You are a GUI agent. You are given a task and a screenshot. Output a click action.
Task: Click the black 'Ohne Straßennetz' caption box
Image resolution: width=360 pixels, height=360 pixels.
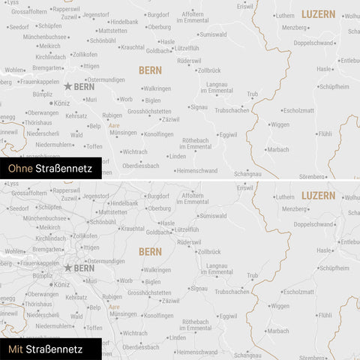(x=50, y=169)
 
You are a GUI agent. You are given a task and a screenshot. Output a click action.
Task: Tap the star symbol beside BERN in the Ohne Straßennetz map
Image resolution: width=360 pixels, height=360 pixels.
(x=68, y=87)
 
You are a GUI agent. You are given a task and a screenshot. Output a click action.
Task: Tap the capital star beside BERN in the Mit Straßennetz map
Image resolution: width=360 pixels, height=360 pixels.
(x=68, y=268)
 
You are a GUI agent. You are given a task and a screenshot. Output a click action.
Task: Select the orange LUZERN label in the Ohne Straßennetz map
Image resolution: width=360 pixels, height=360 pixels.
(x=318, y=14)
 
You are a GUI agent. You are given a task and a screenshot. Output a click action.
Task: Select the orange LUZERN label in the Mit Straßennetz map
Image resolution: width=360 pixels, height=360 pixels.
(x=318, y=195)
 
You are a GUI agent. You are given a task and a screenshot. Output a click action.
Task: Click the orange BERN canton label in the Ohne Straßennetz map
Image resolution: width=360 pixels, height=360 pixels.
(x=150, y=70)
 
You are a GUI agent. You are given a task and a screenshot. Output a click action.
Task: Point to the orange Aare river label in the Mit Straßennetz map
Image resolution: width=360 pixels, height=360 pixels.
(x=114, y=307)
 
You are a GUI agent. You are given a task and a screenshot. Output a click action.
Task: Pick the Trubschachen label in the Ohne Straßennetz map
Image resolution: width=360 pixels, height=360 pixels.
(x=232, y=110)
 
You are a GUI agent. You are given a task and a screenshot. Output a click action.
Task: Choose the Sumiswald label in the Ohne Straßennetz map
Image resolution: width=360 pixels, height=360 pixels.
(x=213, y=34)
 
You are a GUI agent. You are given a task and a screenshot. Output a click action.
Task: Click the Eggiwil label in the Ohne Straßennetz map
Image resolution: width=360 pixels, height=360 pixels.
(x=228, y=134)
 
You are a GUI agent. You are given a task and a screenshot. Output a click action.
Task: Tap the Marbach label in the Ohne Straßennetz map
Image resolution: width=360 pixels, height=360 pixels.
(x=277, y=149)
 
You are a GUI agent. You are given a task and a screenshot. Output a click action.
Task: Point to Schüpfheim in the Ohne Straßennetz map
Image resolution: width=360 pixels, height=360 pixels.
(x=334, y=86)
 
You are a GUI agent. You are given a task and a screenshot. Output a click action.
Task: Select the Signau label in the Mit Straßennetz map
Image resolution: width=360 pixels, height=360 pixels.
(x=199, y=288)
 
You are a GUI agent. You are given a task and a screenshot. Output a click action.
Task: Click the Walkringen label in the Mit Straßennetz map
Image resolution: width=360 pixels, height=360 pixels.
(x=157, y=269)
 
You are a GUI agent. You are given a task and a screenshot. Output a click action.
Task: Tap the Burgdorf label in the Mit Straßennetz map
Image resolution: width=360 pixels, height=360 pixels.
(x=158, y=195)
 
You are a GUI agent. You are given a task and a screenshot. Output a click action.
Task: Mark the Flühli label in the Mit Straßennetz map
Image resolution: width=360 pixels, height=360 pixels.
(x=324, y=315)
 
